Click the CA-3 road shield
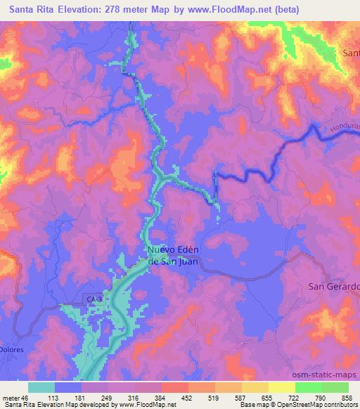[x=93, y=300]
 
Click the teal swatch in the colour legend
[x=41, y=387]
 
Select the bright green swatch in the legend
[x=308, y=387]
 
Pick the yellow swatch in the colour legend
[x=281, y=387]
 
